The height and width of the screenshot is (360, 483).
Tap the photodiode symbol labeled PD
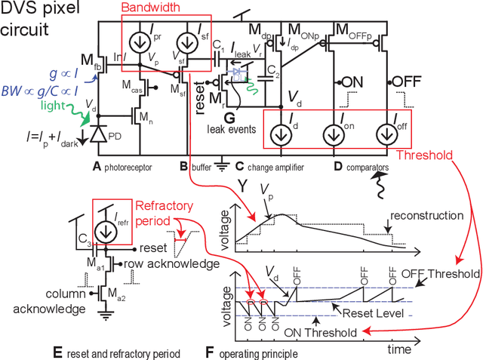[97, 135]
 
